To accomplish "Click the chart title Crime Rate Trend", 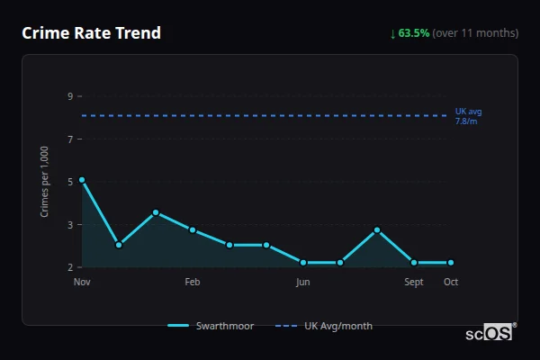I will tap(92, 33).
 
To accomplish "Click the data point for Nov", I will tap(82, 180).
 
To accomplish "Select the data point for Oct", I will tap(451, 263).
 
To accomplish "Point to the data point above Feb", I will tap(193, 229).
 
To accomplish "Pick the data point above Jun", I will tap(303, 263).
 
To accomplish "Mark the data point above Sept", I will tap(414, 263).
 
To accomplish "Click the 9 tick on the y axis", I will tap(69, 96).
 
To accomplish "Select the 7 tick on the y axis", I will tap(69, 139).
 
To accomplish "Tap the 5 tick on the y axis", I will tap(69, 182).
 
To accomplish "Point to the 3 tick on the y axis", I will tap(69, 224).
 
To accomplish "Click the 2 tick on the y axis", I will tap(69, 267).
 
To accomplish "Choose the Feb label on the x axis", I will tap(193, 282).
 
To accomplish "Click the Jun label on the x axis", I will tap(303, 282).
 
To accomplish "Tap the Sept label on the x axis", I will tap(414, 282).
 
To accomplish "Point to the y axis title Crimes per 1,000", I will tap(45, 182).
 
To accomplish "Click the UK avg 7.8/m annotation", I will tap(468, 116).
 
